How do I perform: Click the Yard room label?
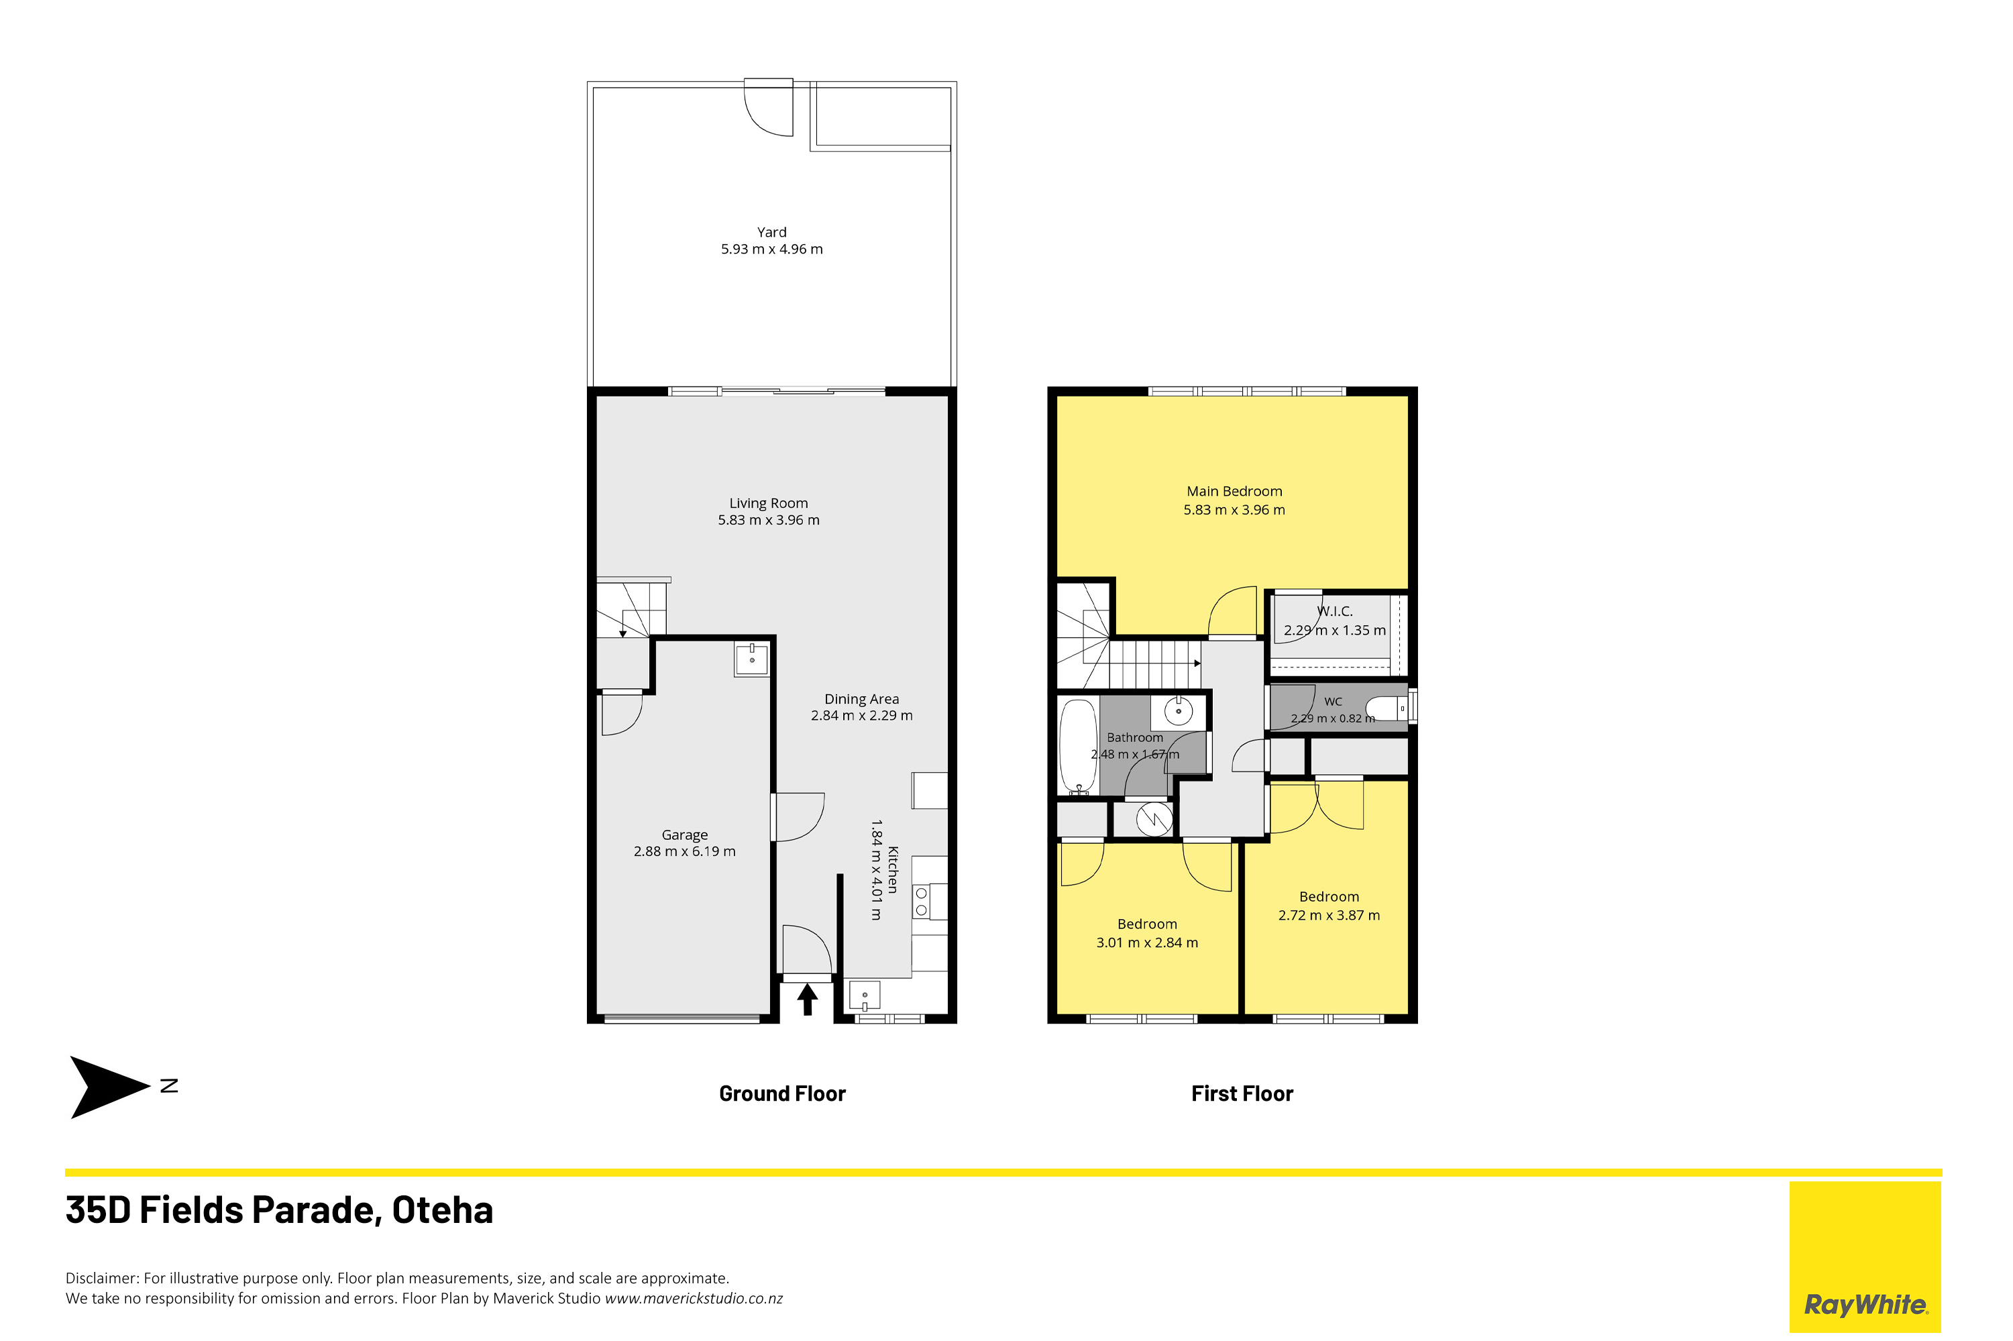(x=771, y=231)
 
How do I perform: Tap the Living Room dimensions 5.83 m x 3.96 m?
(x=768, y=520)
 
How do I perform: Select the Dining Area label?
(x=861, y=699)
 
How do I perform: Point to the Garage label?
(x=684, y=835)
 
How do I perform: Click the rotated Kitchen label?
(x=893, y=870)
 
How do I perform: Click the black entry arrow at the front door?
(x=807, y=999)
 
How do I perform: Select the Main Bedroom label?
(x=1234, y=491)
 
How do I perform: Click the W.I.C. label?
(x=1334, y=612)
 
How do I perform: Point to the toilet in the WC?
(x=1385, y=708)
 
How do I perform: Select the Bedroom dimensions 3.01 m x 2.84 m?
(x=1147, y=943)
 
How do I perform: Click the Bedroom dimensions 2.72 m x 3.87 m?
(x=1329, y=915)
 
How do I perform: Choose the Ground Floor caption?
(x=781, y=1094)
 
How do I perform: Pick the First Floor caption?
(x=1242, y=1094)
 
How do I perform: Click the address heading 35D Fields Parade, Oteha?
(x=280, y=1211)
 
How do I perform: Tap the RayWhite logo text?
(x=1865, y=1304)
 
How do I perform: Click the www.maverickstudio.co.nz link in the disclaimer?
(x=694, y=1298)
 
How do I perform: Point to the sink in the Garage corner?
(x=752, y=660)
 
